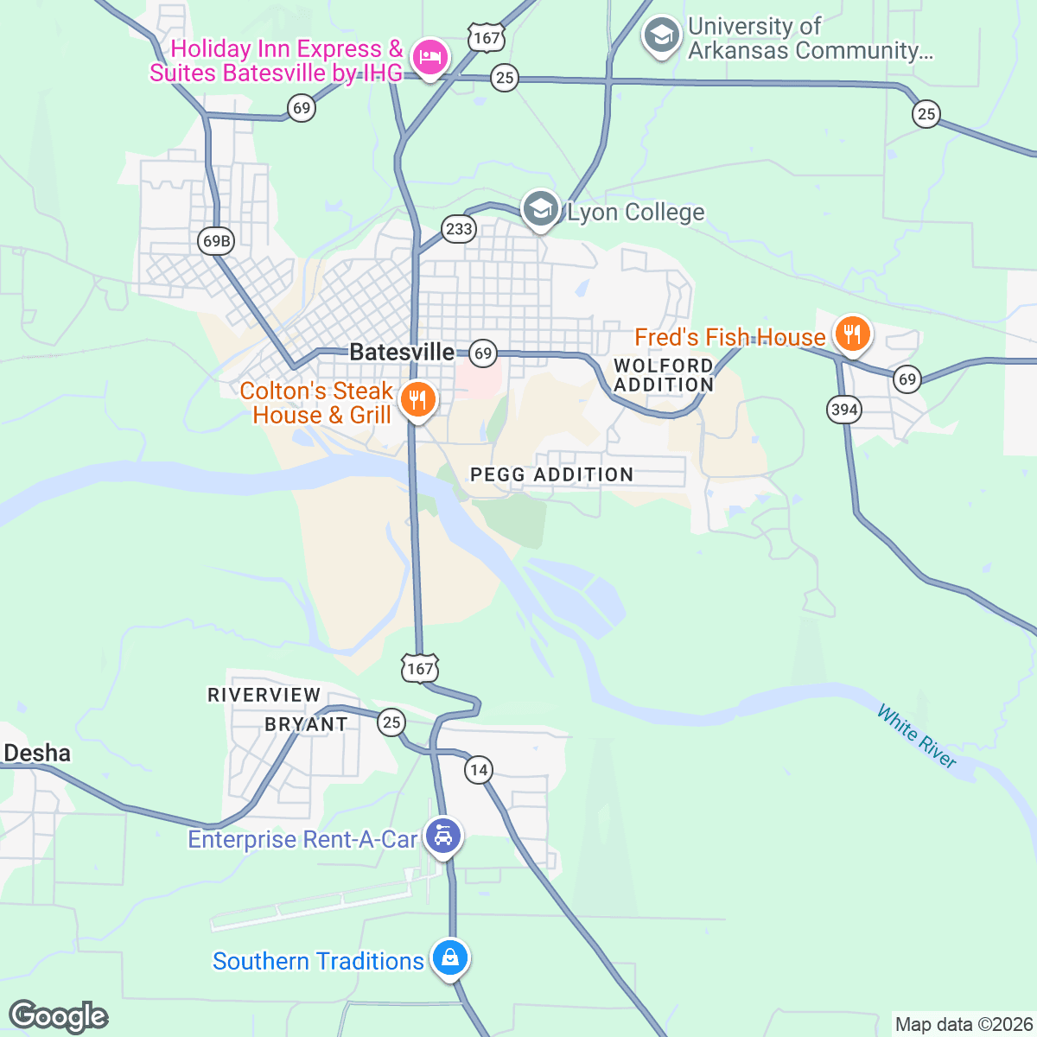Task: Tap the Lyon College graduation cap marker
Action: (x=541, y=210)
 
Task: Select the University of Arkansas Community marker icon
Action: (x=662, y=36)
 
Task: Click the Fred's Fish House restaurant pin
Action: (x=852, y=334)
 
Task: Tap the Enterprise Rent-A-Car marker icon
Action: (x=443, y=837)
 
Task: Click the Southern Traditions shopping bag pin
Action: (x=449, y=957)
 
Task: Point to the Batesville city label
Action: (x=402, y=352)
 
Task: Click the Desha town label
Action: (x=37, y=754)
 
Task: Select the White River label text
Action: (x=916, y=736)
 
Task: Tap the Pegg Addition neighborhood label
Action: (x=551, y=474)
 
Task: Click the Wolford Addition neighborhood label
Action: (x=664, y=375)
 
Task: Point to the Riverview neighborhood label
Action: (x=264, y=695)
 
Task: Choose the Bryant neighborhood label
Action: (x=306, y=724)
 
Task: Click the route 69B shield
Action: (x=215, y=240)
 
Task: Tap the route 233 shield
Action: (x=459, y=229)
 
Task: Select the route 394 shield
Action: (x=843, y=409)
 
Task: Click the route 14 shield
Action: (x=478, y=769)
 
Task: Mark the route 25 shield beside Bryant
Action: (x=391, y=722)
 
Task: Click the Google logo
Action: (x=58, y=1016)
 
